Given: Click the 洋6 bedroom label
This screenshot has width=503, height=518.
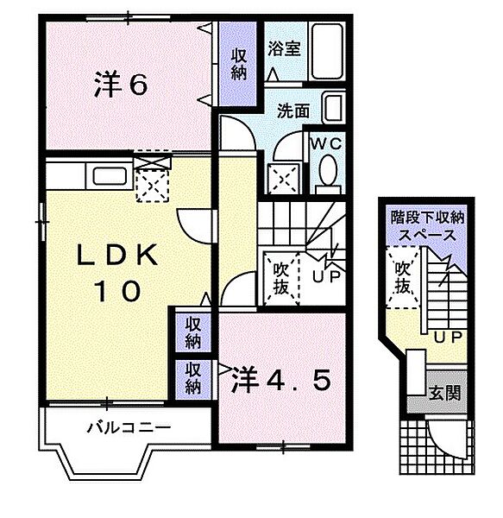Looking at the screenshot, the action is (x=121, y=85).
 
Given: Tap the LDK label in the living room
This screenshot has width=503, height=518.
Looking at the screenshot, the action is (x=117, y=255).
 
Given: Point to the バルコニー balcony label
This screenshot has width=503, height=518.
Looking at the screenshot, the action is (x=129, y=428).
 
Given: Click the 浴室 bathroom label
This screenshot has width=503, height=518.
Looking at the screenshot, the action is (x=284, y=48).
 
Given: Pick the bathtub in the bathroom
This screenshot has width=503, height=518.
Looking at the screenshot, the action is (x=328, y=51).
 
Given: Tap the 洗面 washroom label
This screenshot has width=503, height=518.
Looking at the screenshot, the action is (x=293, y=111).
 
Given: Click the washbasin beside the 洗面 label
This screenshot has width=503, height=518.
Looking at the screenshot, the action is (x=333, y=107).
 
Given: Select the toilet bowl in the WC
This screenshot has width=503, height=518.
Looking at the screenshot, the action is (x=328, y=174).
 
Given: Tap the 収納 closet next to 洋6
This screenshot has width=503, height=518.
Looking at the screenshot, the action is (x=238, y=64).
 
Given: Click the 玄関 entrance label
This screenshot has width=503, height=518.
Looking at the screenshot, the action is (x=444, y=393).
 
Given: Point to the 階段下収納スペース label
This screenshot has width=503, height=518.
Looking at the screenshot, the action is (x=427, y=226).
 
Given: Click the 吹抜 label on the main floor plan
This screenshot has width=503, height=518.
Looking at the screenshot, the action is (x=281, y=279).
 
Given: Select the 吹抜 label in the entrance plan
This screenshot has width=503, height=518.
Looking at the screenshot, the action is (x=403, y=278).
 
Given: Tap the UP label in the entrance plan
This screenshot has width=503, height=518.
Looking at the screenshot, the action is (x=448, y=338).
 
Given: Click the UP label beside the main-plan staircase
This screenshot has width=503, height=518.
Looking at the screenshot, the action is (x=326, y=276).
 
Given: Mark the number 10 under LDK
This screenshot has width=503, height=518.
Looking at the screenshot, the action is (x=117, y=291).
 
